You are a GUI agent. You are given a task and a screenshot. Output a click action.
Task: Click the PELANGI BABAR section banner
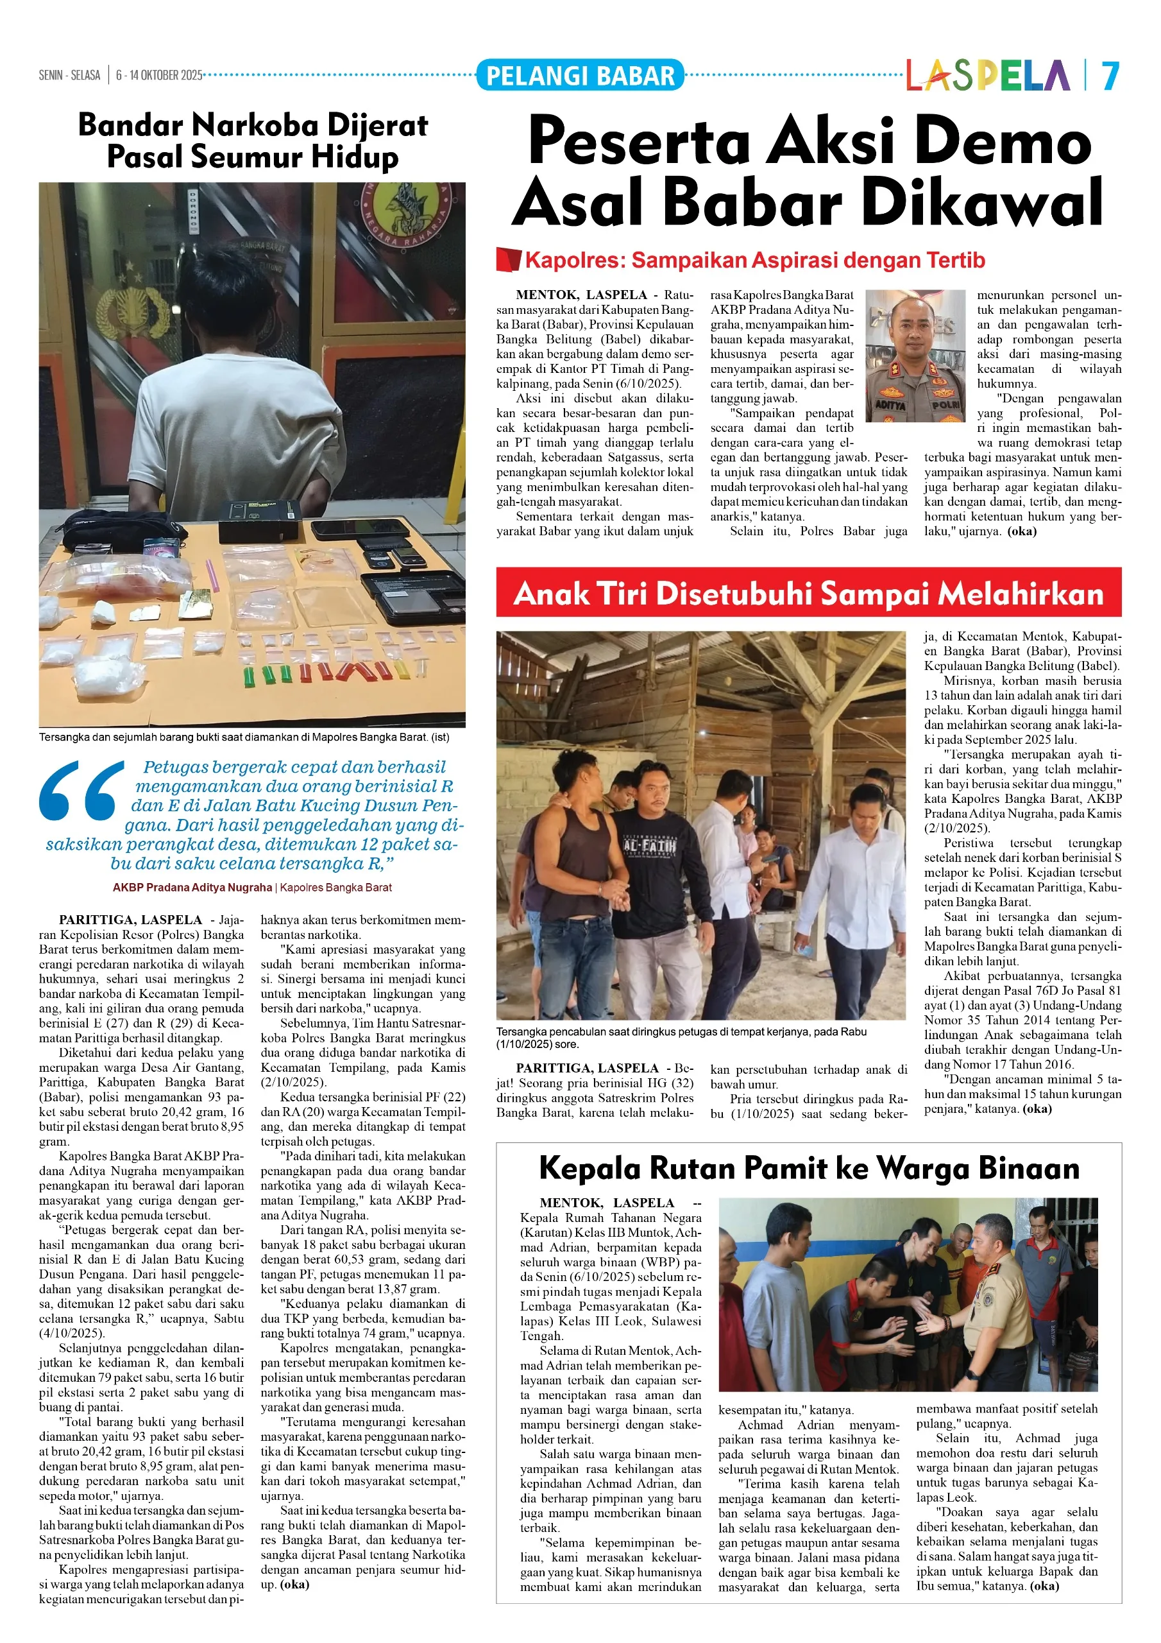click(579, 75)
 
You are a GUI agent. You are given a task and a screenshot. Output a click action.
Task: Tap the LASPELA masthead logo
click(988, 75)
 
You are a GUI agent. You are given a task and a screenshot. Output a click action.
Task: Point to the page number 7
click(1110, 75)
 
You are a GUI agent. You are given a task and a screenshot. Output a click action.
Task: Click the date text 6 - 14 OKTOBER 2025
click(159, 75)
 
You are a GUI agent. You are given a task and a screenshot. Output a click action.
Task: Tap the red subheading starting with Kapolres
click(755, 260)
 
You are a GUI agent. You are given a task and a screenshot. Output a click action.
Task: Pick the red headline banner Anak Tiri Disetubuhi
click(808, 592)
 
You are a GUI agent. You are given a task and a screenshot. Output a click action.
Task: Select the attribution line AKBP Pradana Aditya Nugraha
click(192, 888)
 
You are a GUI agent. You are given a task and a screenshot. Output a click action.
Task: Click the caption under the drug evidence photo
click(244, 736)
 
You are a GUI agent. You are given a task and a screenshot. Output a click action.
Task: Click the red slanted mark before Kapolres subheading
click(508, 260)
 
